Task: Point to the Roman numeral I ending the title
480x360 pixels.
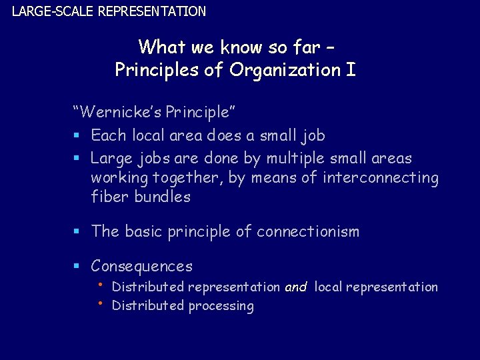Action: [x=351, y=70]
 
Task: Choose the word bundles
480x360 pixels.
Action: [x=163, y=197]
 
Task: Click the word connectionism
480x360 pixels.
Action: [x=308, y=232]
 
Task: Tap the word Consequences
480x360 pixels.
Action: [x=141, y=267]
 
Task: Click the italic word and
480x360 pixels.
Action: [x=295, y=287]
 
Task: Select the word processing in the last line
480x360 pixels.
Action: [x=221, y=306]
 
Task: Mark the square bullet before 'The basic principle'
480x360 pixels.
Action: [x=77, y=232]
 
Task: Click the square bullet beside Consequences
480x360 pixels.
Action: [x=77, y=267]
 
